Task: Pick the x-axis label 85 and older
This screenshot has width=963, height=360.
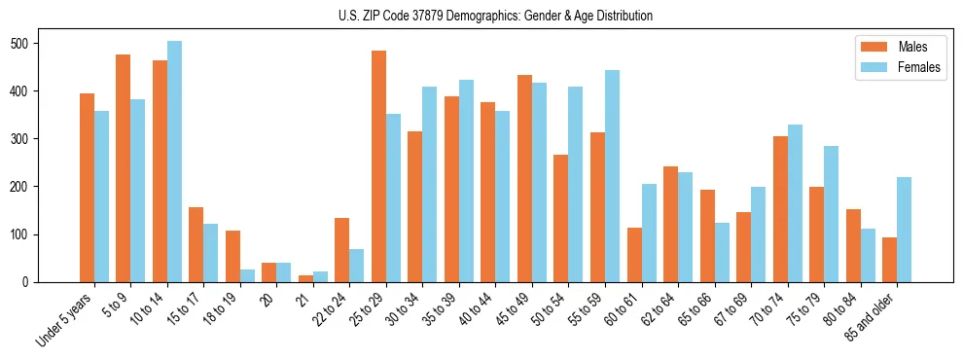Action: point(875,321)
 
